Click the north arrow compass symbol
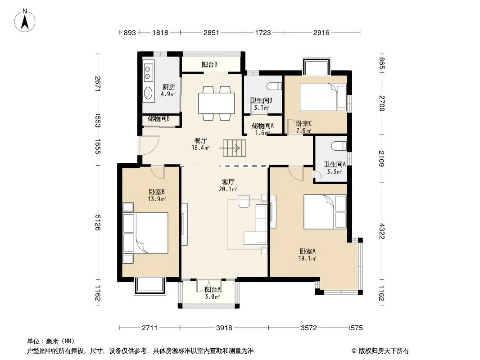pos(25,20)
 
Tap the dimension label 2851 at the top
pos(211,32)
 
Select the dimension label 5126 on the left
pos(98,222)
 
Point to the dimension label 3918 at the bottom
pos(224,328)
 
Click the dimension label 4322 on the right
pos(382,231)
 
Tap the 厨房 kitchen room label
pos(169,87)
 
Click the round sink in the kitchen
pos(149,92)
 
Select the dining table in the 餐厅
pos(217,103)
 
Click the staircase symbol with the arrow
pos(234,148)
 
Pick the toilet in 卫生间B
pos(274,86)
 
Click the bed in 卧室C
pos(323,97)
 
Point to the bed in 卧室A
pos(325,211)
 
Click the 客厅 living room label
pos(228,182)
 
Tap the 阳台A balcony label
pos(213,289)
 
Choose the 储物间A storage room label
pos(263,126)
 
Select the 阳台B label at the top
pos(209,64)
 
